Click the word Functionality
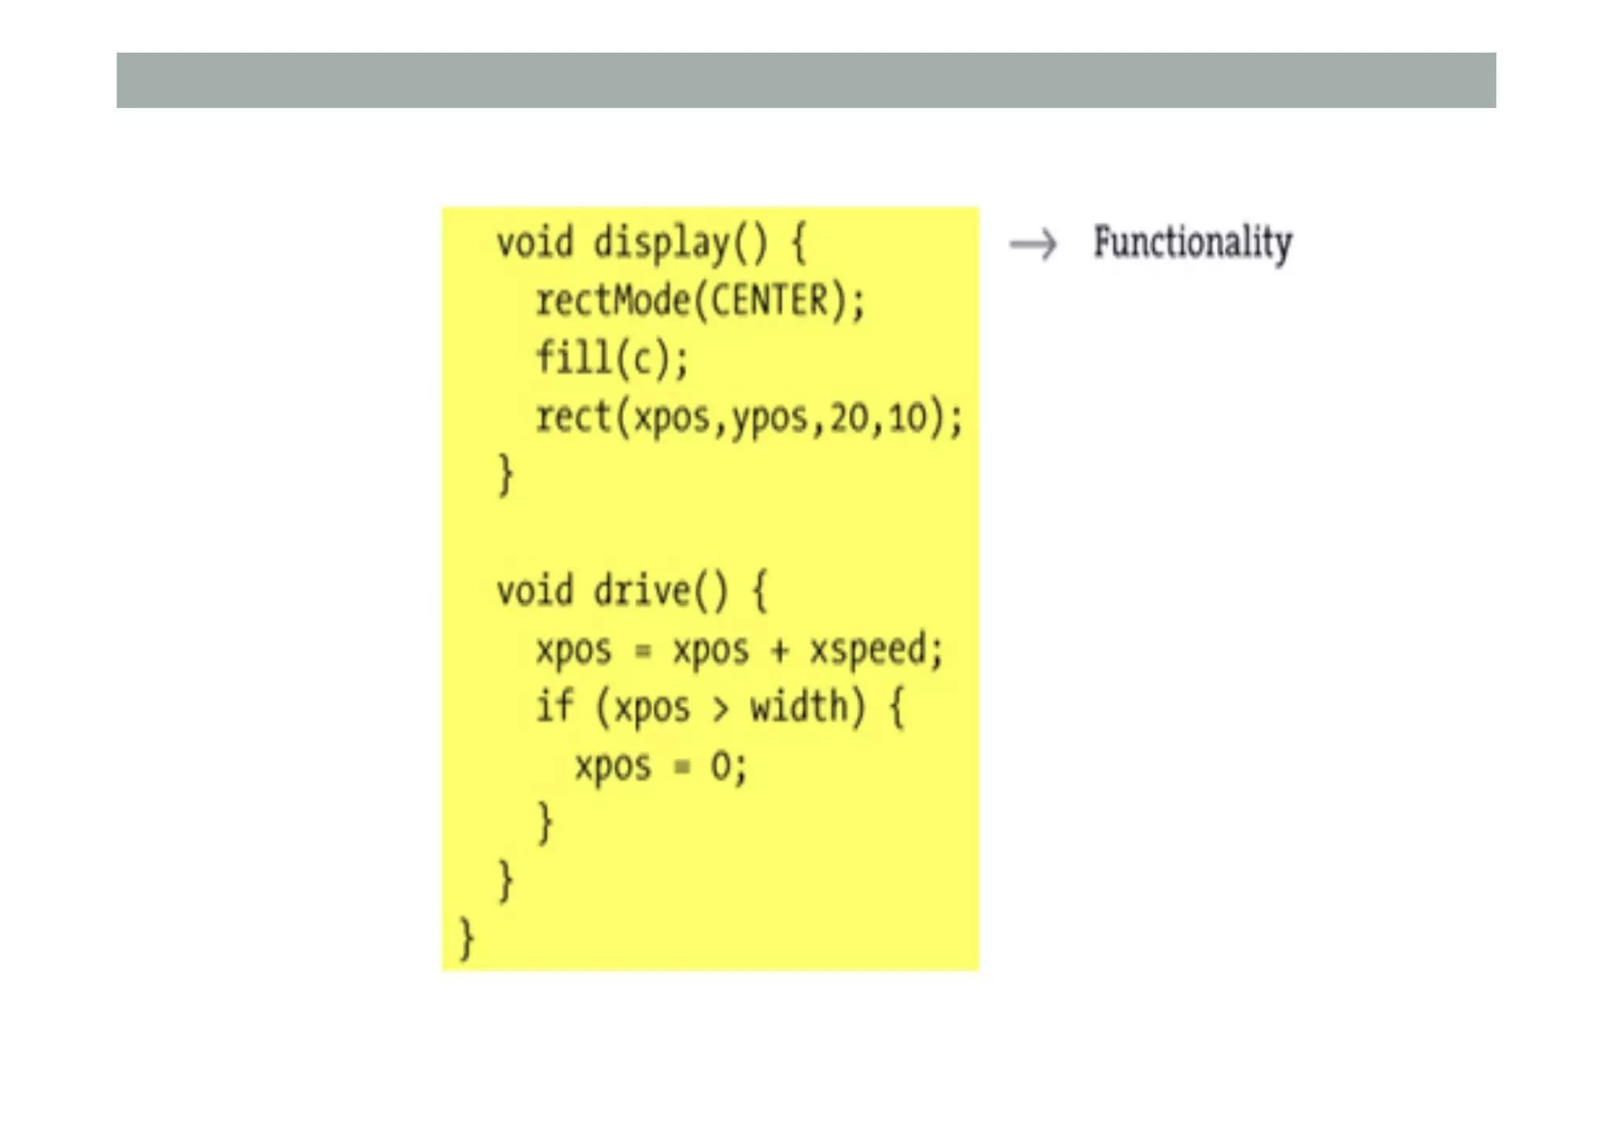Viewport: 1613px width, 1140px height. click(x=1192, y=243)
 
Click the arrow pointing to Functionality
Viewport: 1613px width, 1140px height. click(x=1033, y=244)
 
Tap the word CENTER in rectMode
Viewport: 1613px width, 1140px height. click(x=769, y=301)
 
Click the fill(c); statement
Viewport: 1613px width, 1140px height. click(x=612, y=358)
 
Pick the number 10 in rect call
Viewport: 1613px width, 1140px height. click(x=908, y=418)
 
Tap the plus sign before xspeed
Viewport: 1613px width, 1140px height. click(x=779, y=651)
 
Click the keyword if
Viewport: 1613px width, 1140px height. click(x=554, y=706)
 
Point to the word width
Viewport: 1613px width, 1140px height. click(x=799, y=706)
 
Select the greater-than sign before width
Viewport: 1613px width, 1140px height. click(x=720, y=709)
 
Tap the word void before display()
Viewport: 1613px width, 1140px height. click(x=535, y=243)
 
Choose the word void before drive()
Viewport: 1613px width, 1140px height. click(x=535, y=591)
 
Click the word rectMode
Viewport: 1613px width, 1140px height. click(x=612, y=301)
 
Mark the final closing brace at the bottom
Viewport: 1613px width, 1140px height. click(x=466, y=938)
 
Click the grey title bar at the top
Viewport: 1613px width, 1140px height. click(x=806, y=80)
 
